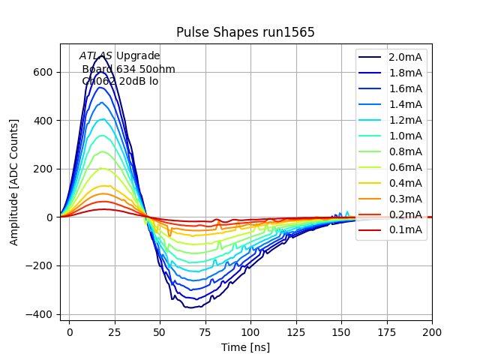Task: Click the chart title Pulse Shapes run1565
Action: pyautogui.click(x=245, y=32)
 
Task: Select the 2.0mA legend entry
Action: pyautogui.click(x=405, y=57)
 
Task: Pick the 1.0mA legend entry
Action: pyautogui.click(x=405, y=136)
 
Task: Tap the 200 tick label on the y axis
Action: pyautogui.click(x=43, y=169)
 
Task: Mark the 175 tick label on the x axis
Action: pyautogui.click(x=386, y=331)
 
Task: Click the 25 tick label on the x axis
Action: pyautogui.click(x=114, y=331)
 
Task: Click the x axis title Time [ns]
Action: pyautogui.click(x=245, y=347)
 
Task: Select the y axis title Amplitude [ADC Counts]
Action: pyautogui.click(x=14, y=181)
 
